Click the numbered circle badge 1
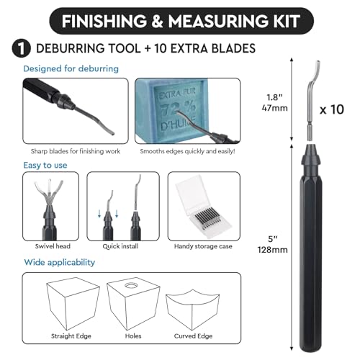coord(22,49)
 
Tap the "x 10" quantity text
coord(332,109)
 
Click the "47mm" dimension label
coord(274,108)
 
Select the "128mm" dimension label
coord(273,250)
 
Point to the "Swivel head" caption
coord(53,246)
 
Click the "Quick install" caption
coord(120,246)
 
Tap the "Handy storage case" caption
coord(203,246)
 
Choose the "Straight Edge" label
coord(71,336)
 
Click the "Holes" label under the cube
coord(133,336)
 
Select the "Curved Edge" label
coord(193,336)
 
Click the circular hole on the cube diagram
coord(131,286)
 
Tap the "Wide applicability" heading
coord(60,262)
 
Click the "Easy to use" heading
coord(45,165)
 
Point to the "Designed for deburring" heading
coord(71,68)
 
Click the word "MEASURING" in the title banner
coord(218,22)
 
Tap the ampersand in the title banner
coord(157,22)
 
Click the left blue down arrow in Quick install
coord(99,213)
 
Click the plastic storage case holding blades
coord(203,207)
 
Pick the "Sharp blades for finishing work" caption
coord(76,151)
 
